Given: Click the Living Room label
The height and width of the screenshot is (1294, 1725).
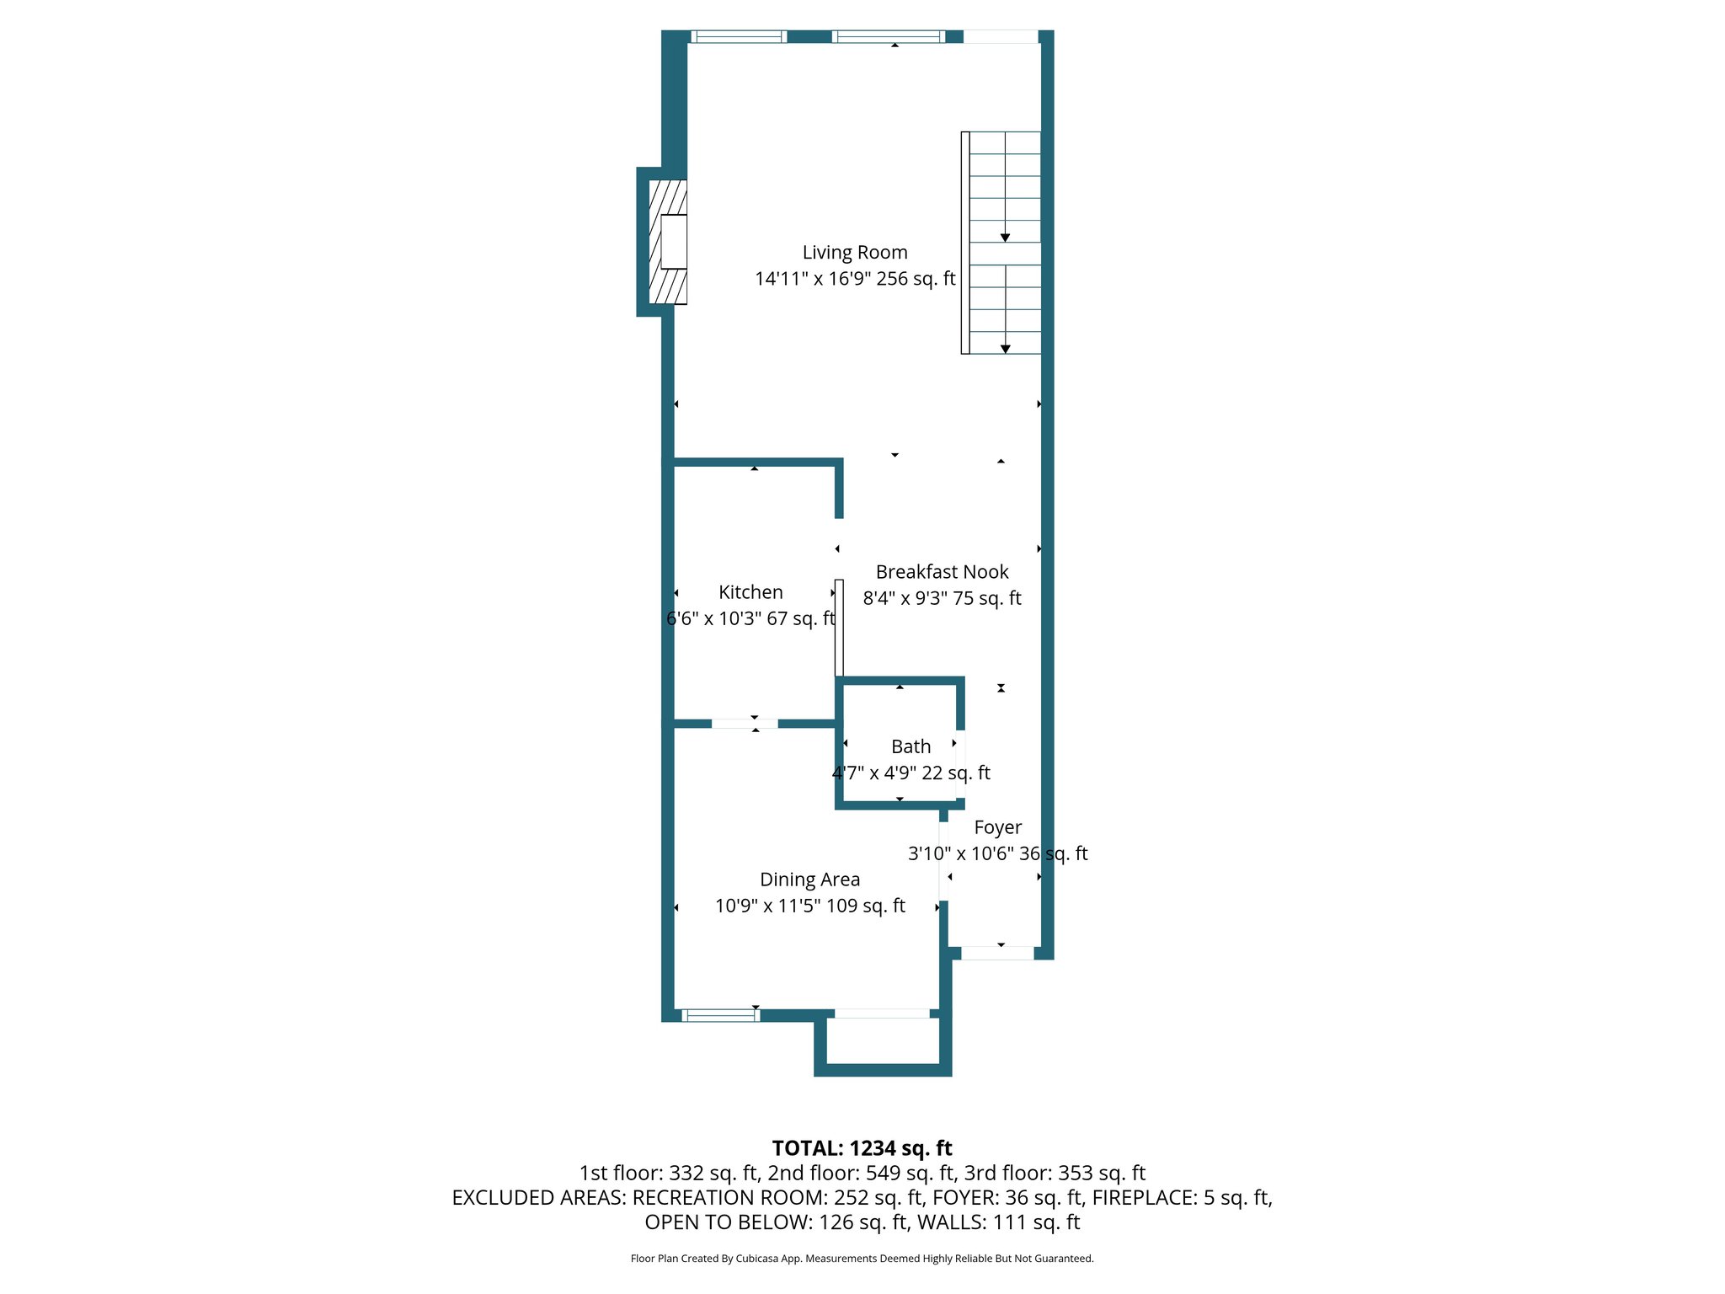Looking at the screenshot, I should (x=854, y=252).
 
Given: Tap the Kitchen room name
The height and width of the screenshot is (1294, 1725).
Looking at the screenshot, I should (x=750, y=592).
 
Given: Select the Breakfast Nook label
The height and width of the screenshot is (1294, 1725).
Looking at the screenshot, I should (x=942, y=572).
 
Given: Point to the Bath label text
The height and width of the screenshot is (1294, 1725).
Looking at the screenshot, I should (x=911, y=746).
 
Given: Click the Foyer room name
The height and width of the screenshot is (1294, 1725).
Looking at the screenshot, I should (x=997, y=827).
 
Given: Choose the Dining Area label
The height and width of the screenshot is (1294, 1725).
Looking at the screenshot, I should (x=809, y=880).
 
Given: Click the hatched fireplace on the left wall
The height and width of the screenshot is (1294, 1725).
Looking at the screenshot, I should (x=667, y=242).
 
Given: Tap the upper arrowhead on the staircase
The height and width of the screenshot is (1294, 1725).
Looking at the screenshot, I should (x=1005, y=238).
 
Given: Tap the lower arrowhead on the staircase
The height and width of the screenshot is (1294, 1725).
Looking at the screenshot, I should (x=1005, y=349).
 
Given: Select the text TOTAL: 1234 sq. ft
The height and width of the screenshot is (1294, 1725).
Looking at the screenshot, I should (x=862, y=1148).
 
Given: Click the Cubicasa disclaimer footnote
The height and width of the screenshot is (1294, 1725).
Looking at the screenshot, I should (x=862, y=1259).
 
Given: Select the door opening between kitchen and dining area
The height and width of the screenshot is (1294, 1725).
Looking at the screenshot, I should (x=745, y=724).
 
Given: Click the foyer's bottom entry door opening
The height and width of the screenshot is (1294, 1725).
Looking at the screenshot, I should (x=997, y=953).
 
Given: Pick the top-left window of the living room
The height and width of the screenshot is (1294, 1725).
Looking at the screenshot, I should (x=738, y=36).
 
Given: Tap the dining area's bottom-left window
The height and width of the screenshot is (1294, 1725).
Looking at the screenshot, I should (x=720, y=1015).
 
